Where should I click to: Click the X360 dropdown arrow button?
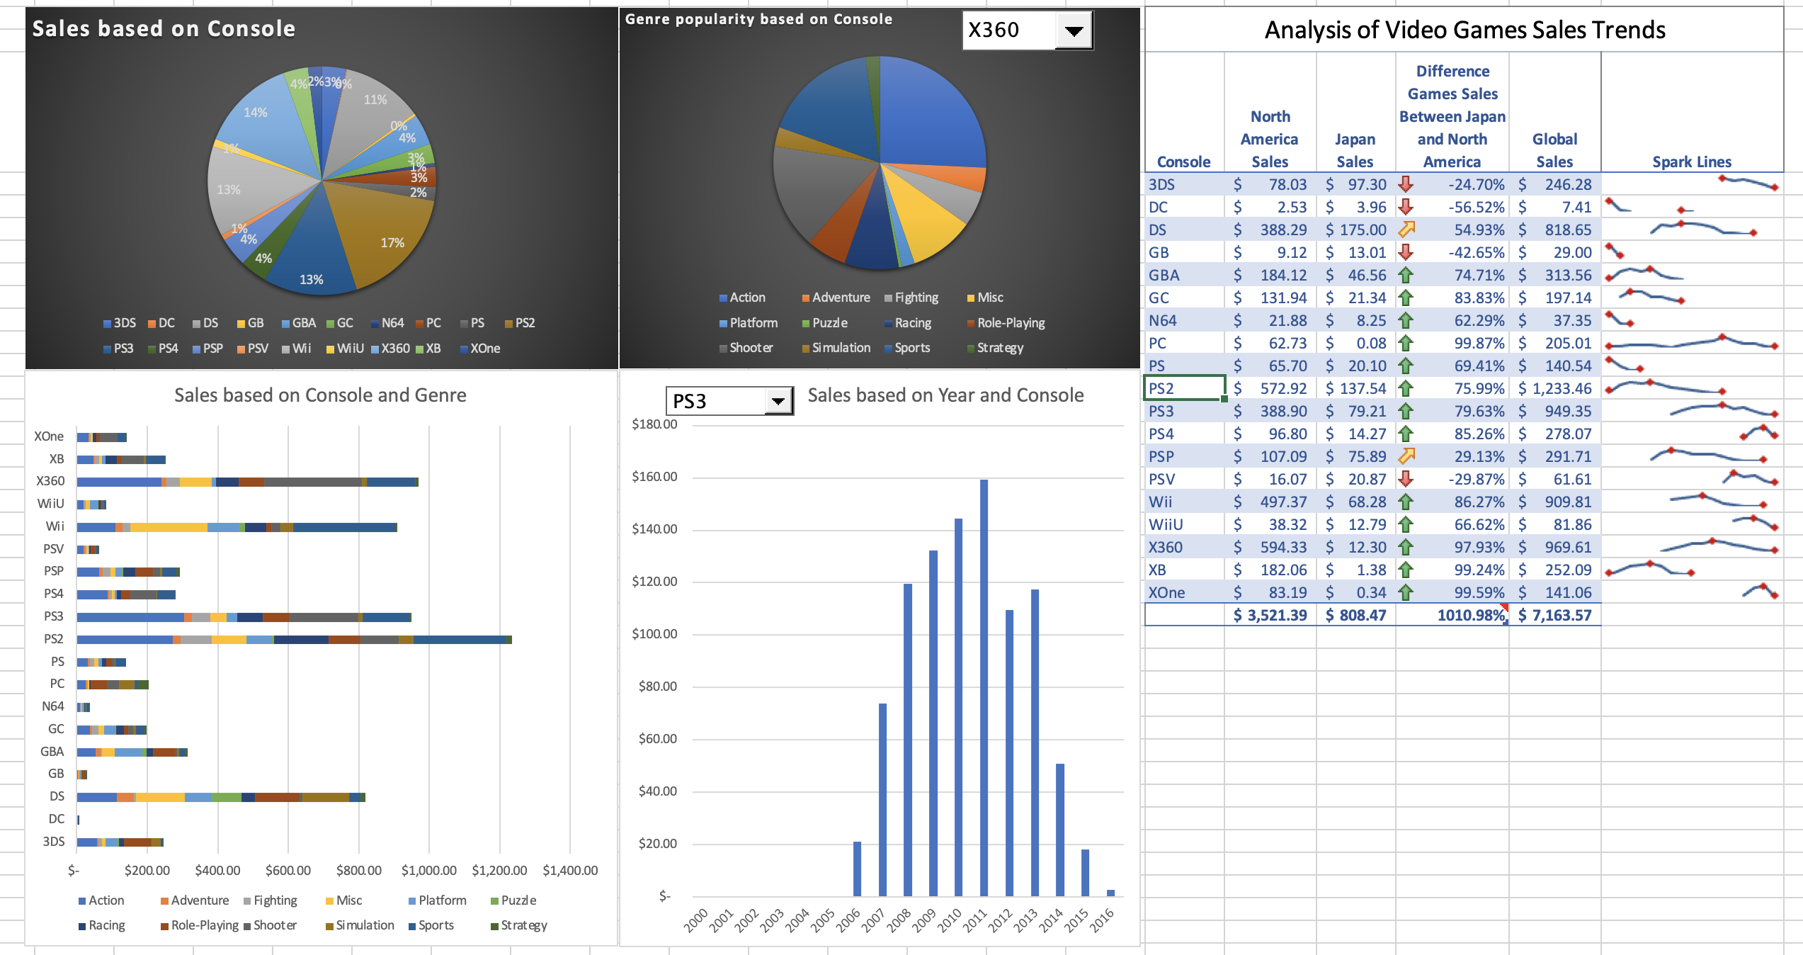1074,31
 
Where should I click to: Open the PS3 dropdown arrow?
778,401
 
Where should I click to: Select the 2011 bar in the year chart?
984,687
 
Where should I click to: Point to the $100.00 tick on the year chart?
654,634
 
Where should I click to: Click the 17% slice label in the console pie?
392,243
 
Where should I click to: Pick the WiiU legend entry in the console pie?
350,349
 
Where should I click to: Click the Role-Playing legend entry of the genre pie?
1011,323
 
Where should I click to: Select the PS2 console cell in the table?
1184,388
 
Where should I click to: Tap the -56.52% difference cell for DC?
1476,208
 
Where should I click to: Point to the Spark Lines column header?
1691,162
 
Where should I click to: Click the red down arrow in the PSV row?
1406,480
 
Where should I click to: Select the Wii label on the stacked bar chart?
55,526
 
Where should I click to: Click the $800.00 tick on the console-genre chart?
358,870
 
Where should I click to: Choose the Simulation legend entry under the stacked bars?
364,925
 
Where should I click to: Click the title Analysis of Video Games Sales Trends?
1464,30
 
